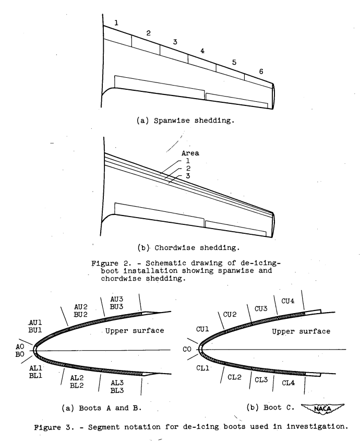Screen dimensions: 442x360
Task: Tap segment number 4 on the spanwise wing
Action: (202, 51)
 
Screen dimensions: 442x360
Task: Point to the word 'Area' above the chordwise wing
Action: (178, 154)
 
